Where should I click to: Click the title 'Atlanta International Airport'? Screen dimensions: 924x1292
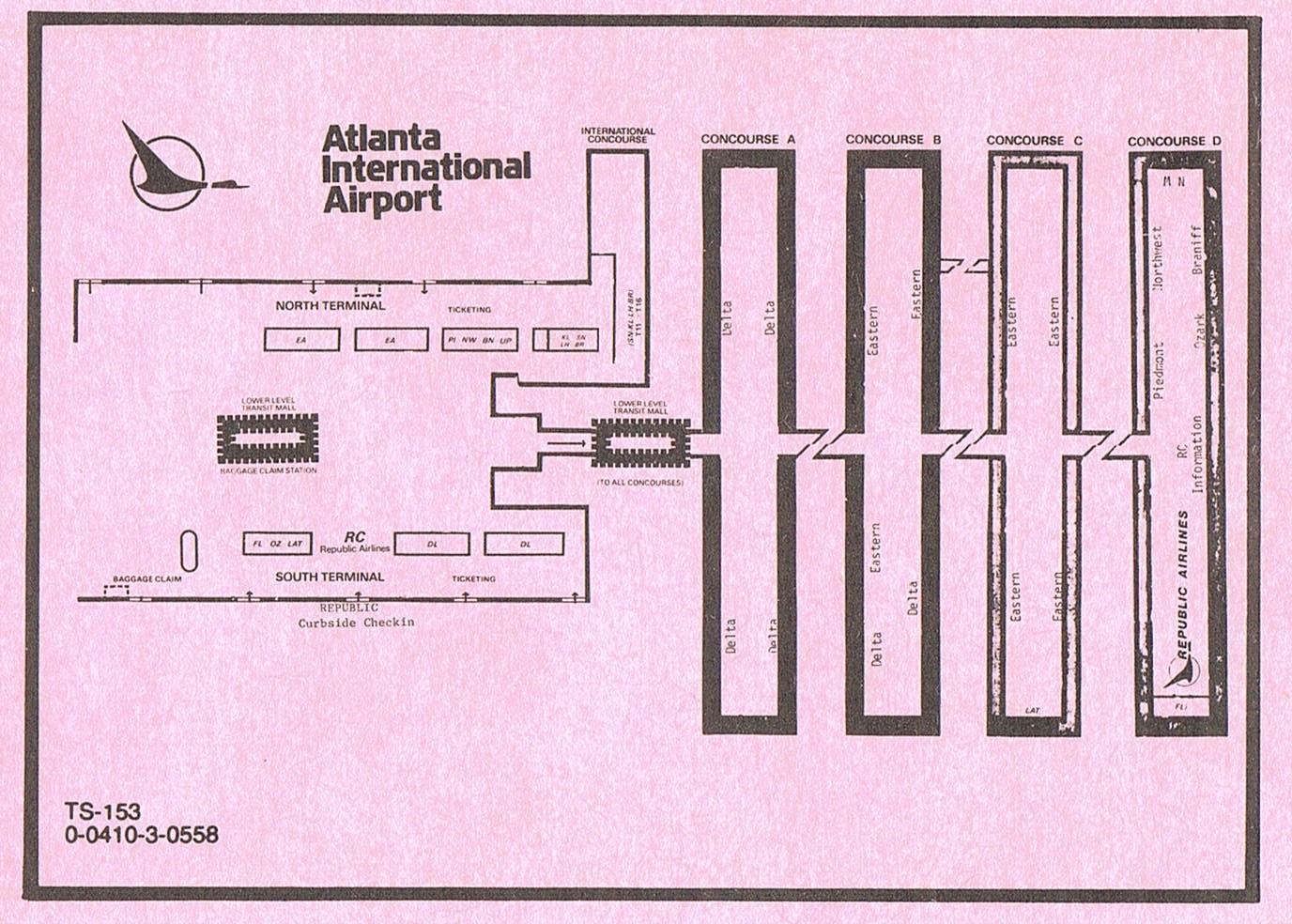coord(425,169)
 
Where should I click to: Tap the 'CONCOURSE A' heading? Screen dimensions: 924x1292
coord(748,140)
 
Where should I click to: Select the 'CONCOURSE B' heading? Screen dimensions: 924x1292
coord(893,140)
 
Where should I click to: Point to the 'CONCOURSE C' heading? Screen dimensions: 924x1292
coord(1034,140)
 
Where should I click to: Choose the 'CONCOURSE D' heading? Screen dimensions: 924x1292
coord(1175,141)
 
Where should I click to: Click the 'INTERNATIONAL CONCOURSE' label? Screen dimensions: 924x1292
coord(618,135)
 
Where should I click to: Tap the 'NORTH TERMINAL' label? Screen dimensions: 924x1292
coord(330,306)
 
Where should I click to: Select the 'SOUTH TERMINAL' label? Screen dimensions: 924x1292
coord(330,577)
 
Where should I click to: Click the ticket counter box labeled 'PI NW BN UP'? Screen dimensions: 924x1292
coord(479,340)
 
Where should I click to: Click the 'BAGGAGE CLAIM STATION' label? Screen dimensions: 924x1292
coord(268,470)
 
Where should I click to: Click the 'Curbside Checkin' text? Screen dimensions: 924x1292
coord(356,623)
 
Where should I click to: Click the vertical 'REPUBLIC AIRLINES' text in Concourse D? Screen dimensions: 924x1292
coord(1182,587)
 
